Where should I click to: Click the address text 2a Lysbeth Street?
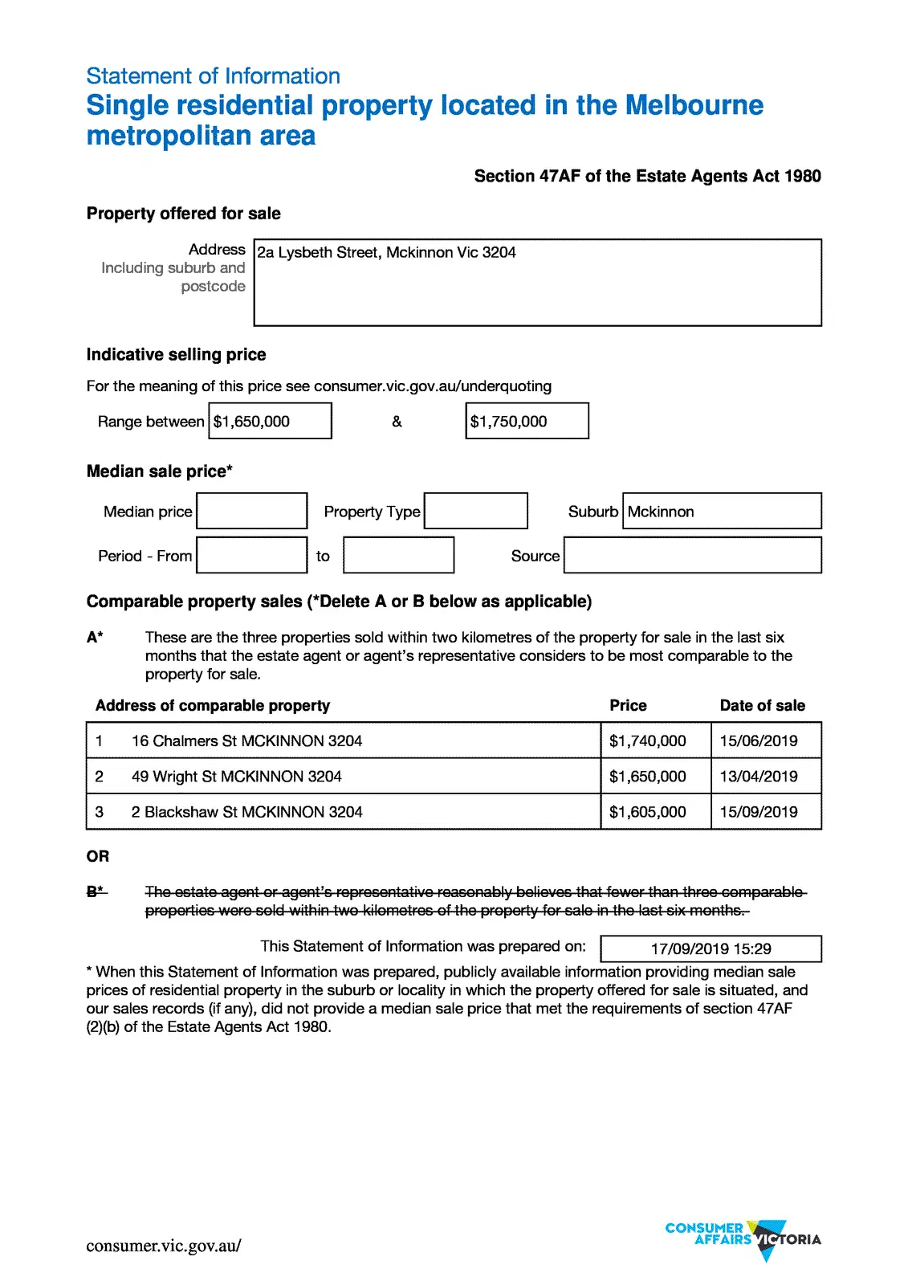point(386,252)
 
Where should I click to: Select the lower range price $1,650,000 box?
point(270,421)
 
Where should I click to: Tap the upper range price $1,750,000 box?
point(527,421)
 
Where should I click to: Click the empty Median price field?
point(251,511)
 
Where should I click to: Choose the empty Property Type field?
point(475,511)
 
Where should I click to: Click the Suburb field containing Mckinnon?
point(721,511)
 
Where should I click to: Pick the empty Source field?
point(692,555)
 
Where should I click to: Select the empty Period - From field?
point(251,555)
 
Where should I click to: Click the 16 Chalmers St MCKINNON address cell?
point(247,740)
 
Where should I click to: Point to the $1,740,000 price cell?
point(648,740)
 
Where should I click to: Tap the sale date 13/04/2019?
point(759,776)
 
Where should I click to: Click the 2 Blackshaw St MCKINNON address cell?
point(247,812)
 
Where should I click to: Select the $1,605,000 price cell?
point(648,812)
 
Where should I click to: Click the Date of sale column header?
point(762,705)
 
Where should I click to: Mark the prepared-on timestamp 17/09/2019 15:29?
point(711,948)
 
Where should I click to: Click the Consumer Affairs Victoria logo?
point(743,1238)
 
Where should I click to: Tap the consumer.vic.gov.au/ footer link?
point(164,1246)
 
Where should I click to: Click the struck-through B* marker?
point(96,891)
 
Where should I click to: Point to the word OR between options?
point(98,856)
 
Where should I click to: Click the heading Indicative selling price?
point(176,354)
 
